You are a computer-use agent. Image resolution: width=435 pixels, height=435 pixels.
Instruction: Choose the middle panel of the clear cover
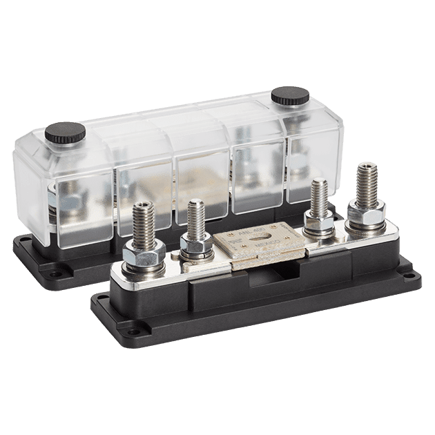(200, 180)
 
